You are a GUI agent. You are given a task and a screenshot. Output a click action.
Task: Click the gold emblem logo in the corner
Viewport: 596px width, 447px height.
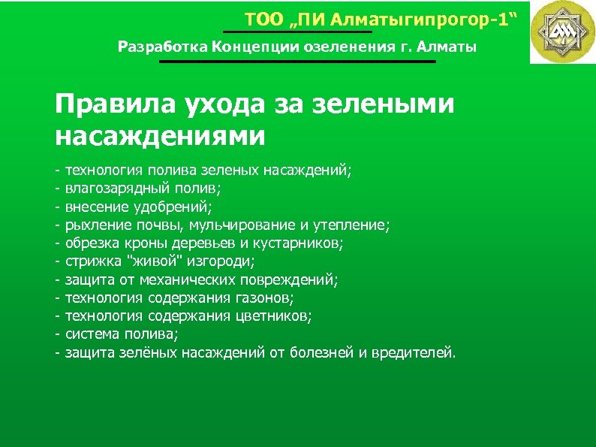click(561, 32)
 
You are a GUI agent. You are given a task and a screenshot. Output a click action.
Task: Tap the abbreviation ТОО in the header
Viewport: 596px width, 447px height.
click(261, 20)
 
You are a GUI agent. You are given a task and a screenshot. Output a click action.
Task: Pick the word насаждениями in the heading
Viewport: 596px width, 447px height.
click(160, 136)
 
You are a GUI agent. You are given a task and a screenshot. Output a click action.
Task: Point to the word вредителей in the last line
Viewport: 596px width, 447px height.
click(417, 352)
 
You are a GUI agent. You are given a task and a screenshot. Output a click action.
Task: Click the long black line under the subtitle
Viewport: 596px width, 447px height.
click(297, 62)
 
